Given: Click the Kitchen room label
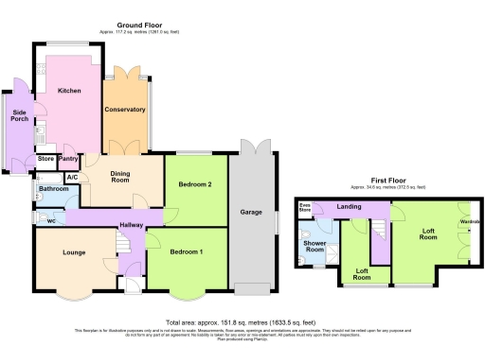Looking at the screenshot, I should pos(68,91).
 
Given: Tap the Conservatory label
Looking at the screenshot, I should pos(125,110).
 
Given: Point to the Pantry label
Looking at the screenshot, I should pos(68,159).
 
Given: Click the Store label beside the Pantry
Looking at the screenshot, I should pos(45,159).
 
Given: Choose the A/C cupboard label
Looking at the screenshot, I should pos(72,177).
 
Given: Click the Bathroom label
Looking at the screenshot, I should pos(53,189).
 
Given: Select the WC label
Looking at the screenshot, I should pos(52,220).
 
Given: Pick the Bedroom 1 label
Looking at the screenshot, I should pos(187,252).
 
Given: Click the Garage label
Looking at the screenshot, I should pos(251,213).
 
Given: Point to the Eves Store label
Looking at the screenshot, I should pos(305,206).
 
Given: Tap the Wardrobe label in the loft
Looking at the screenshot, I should pos(470,222).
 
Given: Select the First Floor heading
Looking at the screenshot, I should pos(388,181).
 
